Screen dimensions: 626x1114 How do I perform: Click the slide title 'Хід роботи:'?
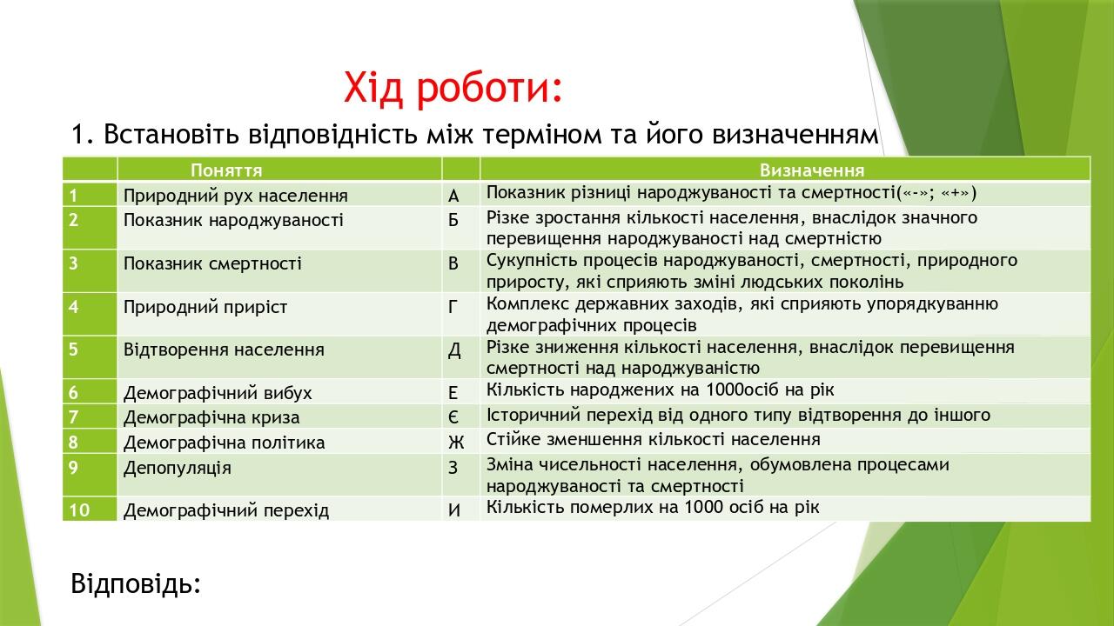[x=453, y=89]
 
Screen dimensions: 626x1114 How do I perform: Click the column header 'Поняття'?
[x=226, y=170]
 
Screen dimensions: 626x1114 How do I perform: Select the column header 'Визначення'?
[x=811, y=170]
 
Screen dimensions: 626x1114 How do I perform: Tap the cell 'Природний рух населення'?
[x=235, y=196]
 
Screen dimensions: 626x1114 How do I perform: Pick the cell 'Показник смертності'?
[x=212, y=263]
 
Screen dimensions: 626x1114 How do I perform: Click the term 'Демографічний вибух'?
[x=218, y=392]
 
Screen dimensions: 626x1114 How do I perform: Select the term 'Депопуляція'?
[x=178, y=468]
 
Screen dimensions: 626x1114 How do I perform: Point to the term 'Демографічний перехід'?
[x=226, y=510]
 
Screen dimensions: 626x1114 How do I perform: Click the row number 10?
[x=79, y=510]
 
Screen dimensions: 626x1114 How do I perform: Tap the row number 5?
[x=74, y=350]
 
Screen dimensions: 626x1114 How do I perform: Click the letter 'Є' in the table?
[x=453, y=417]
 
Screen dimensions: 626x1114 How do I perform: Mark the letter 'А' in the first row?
[x=453, y=196]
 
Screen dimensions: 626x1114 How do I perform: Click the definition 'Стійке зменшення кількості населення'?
[x=653, y=439]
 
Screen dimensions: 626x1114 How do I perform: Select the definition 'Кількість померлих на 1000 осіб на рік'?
[x=653, y=506]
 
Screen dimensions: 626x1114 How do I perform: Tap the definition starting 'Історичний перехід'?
[x=738, y=415]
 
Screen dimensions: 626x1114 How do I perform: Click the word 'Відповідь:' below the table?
[x=136, y=583]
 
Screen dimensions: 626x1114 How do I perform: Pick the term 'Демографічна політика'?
[x=224, y=443]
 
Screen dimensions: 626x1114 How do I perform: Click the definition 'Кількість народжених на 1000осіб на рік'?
[x=660, y=390]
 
